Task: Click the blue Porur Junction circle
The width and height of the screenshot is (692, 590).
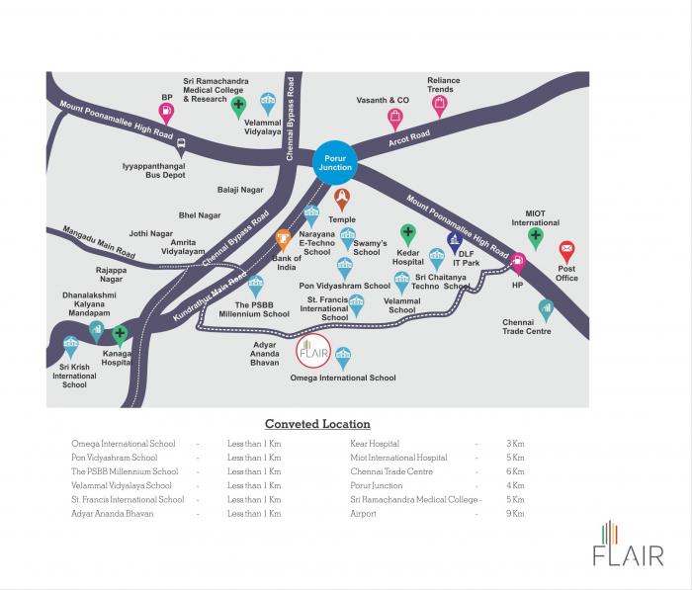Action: tap(335, 162)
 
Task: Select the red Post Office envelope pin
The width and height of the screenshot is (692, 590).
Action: tap(566, 252)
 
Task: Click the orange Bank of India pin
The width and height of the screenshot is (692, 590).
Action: tap(283, 240)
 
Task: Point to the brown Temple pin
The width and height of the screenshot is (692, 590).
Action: tap(342, 200)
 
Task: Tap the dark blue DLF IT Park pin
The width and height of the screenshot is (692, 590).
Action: tap(455, 243)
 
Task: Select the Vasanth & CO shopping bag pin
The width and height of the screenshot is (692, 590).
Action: tap(395, 120)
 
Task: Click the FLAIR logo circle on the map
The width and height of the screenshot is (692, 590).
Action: tap(313, 351)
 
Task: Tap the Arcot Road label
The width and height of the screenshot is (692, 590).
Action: tap(409, 138)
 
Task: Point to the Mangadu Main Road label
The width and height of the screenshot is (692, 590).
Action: tap(99, 242)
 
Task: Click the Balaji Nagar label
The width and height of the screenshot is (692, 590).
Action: tap(240, 190)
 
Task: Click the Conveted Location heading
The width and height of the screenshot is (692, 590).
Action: tap(317, 424)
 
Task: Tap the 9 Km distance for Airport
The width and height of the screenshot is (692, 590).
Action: tap(515, 514)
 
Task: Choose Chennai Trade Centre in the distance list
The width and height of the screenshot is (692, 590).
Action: tap(391, 471)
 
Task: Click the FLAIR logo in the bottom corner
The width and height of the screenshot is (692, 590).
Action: tap(628, 544)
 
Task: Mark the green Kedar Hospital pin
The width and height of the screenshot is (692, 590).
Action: tap(407, 235)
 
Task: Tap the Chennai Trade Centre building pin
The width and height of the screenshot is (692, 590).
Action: tap(546, 310)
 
